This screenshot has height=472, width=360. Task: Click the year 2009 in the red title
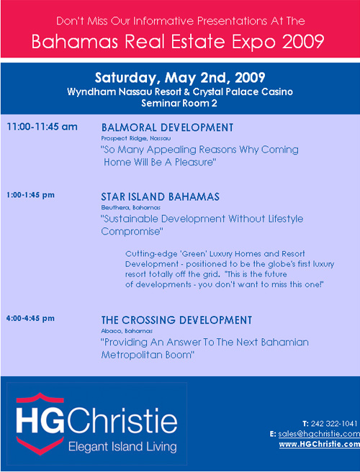303,42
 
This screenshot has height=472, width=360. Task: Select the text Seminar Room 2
179,104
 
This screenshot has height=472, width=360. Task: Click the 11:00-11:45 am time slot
42,127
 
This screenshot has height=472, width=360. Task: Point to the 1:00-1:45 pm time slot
30,195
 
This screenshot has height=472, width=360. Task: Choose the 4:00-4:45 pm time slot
30,318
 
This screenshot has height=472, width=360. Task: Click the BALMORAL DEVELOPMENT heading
167,127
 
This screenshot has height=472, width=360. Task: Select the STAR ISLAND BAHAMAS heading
161,197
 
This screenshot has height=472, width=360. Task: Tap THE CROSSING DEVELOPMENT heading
176,320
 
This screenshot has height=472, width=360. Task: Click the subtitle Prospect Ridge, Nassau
136,138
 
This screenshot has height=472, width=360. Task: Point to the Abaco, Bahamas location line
127,331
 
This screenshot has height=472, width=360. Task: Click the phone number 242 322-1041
334,424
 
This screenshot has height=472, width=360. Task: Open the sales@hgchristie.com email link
319,434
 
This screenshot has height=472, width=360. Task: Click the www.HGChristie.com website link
320,445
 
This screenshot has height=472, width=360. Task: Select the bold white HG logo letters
40,420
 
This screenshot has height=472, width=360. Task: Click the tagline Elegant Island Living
122,447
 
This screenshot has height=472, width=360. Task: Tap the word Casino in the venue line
277,91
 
